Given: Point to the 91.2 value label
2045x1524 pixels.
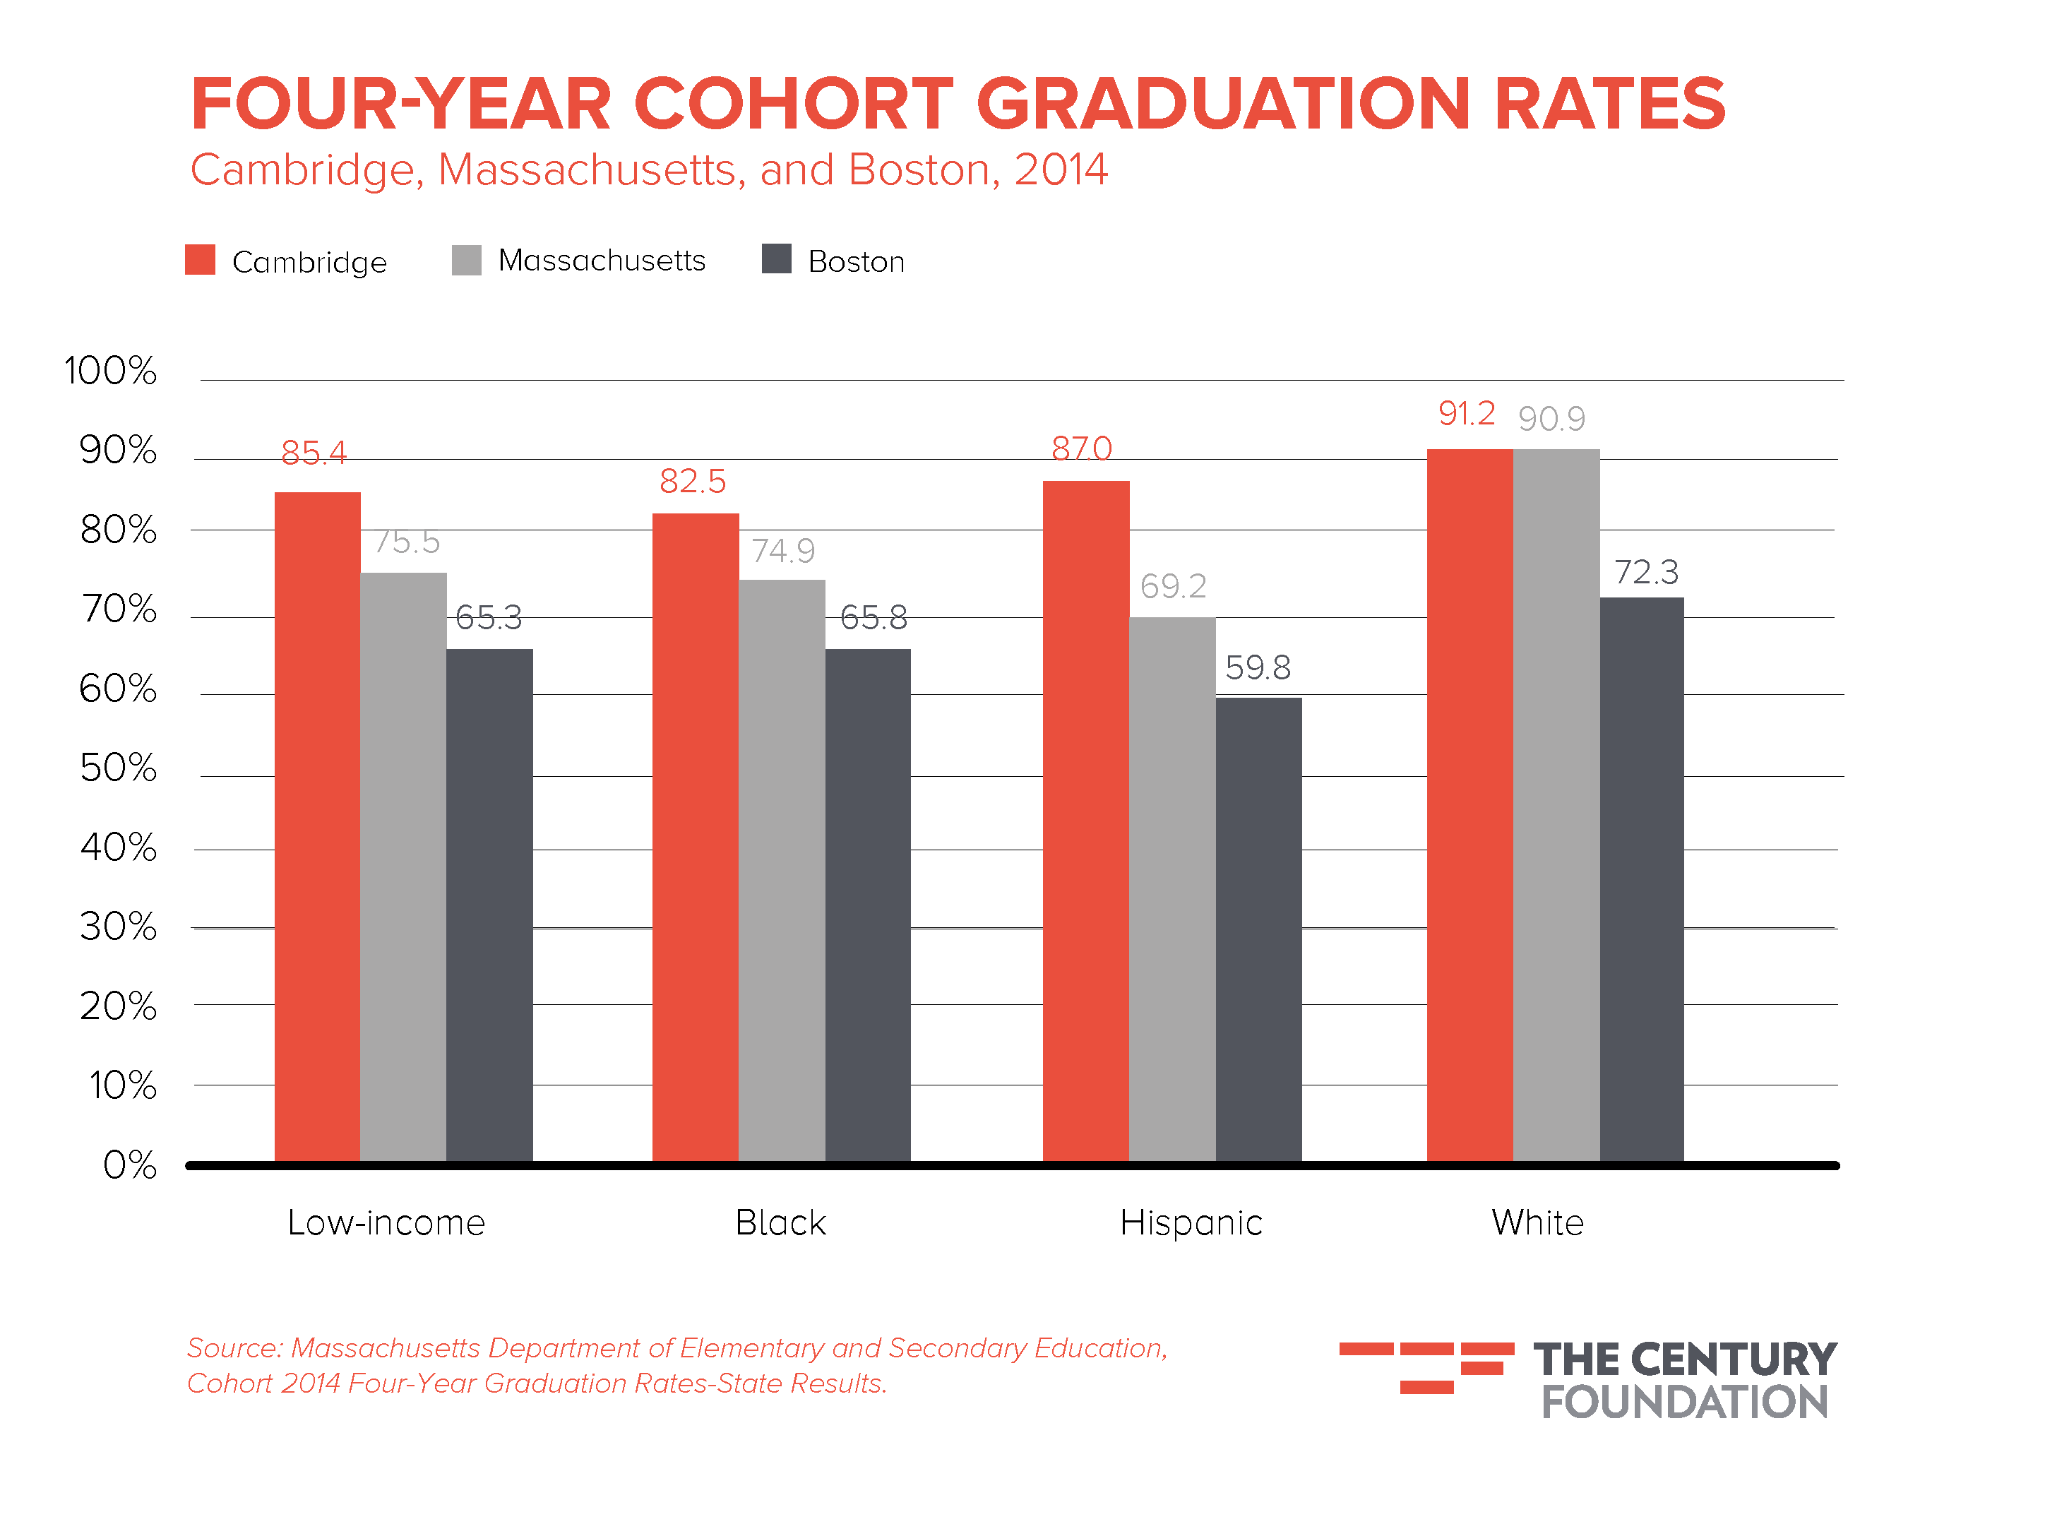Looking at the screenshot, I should point(1466,413).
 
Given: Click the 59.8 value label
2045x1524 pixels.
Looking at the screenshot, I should point(1257,667).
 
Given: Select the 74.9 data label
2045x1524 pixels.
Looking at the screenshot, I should point(782,551).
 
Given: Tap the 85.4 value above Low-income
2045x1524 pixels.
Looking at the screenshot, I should point(314,453).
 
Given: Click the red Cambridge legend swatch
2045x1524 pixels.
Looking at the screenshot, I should point(200,260).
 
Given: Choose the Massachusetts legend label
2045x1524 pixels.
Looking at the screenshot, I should point(602,261).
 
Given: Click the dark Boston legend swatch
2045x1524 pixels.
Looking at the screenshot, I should point(777,259).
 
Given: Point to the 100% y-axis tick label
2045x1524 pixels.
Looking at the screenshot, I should point(111,371).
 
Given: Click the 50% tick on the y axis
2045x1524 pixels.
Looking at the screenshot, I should point(118,768).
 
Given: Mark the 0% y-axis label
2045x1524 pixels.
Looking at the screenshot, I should point(129,1165).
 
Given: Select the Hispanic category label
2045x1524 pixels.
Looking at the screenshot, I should point(1191,1223).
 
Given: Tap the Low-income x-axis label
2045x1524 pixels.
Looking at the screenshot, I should point(386,1223).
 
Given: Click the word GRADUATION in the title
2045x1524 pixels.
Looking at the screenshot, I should point(1222,103).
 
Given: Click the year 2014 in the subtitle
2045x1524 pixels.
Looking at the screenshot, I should point(1061,169).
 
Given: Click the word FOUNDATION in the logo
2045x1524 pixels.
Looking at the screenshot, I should point(1683,1403).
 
